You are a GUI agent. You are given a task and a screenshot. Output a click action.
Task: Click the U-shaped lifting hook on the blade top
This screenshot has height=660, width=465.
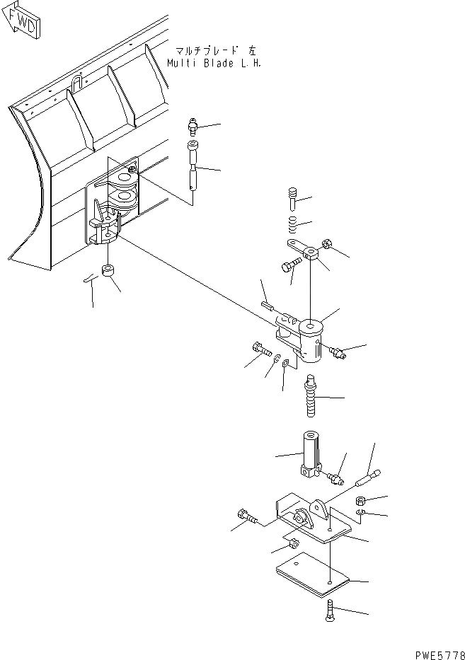pyautogui.click(x=76, y=82)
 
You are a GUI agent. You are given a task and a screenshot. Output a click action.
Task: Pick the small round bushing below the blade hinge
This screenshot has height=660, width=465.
pyautogui.click(x=109, y=272)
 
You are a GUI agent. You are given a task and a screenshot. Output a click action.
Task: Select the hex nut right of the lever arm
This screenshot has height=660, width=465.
pyautogui.click(x=326, y=246)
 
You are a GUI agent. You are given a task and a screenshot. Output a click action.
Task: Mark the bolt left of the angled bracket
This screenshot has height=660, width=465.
pyautogui.click(x=247, y=518)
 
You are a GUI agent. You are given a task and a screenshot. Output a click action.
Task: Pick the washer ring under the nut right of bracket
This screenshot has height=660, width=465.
pyautogui.click(x=360, y=511)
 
